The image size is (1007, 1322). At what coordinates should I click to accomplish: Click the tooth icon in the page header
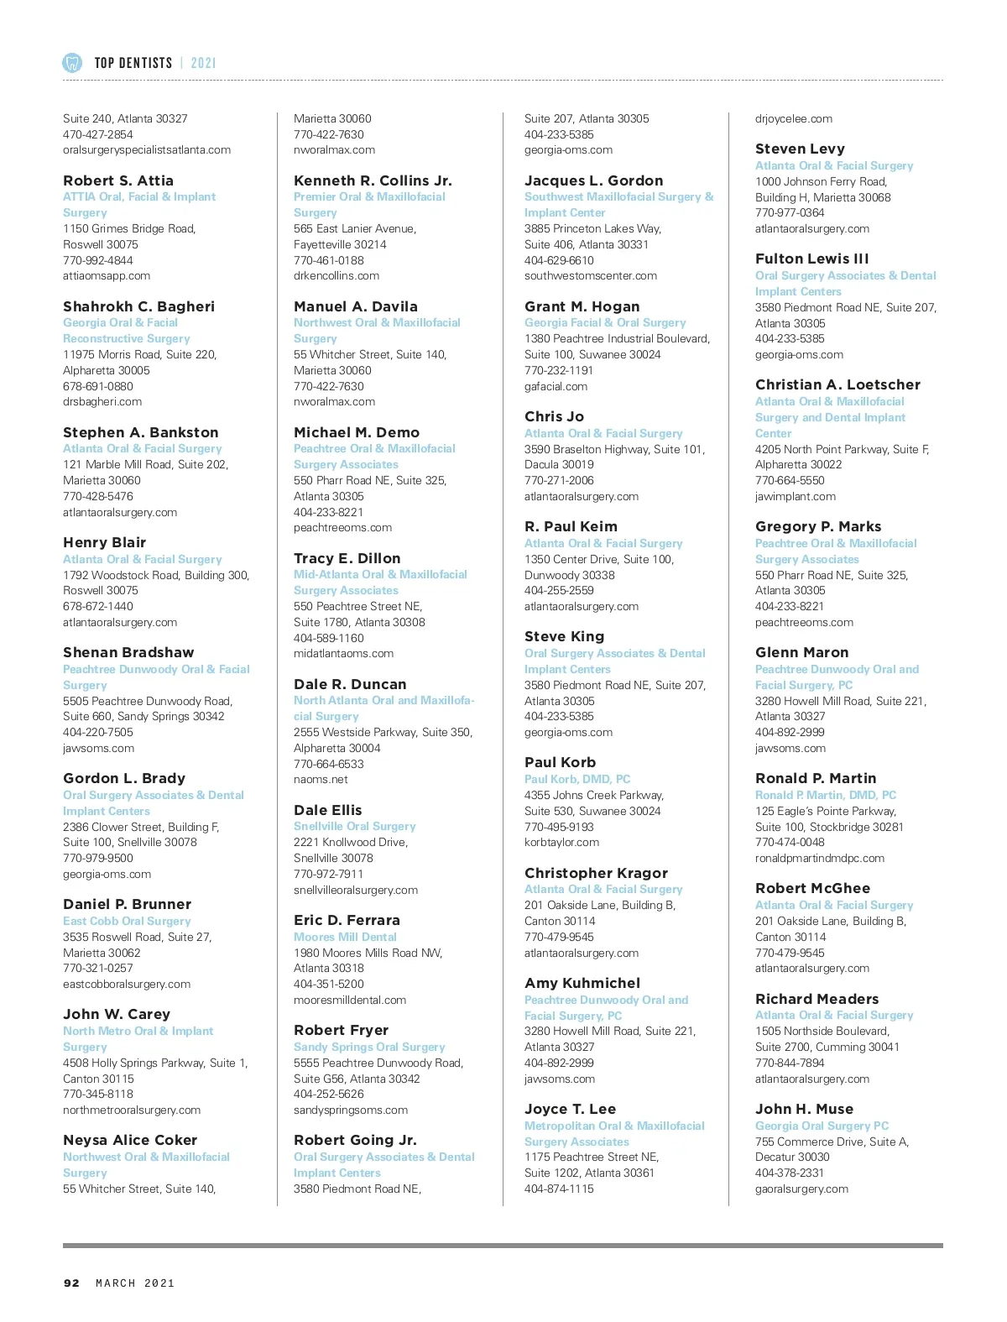coord(72,62)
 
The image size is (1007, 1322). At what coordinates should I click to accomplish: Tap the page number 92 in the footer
coord(72,1283)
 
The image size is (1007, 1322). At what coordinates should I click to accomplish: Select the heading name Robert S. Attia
coord(118,180)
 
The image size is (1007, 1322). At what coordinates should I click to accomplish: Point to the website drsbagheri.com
coord(102,401)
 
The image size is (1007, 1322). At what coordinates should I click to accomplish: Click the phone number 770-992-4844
coord(98,260)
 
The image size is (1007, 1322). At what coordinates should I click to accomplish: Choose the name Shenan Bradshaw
coord(128,652)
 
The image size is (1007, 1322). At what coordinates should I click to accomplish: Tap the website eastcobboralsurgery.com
coord(127,984)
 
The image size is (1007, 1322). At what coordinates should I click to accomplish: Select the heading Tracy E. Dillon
coord(347,558)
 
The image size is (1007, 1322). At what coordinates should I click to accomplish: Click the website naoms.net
coord(321,779)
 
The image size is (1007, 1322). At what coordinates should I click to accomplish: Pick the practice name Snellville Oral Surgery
coord(355,826)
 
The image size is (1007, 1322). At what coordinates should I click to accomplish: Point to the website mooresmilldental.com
coord(350,1000)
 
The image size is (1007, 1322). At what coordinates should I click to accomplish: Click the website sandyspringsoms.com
coord(351,1110)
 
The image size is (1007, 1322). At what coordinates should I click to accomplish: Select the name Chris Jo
coord(554,416)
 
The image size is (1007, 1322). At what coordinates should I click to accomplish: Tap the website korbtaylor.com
coord(561,842)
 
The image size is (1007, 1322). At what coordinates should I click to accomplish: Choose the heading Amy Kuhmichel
coord(582,983)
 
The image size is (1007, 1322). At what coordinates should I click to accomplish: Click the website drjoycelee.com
coord(794,118)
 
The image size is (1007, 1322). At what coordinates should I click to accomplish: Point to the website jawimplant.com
coord(796,496)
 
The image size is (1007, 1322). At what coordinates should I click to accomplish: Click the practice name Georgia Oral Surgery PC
coord(822,1126)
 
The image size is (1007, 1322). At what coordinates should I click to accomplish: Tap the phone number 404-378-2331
coord(790,1173)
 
